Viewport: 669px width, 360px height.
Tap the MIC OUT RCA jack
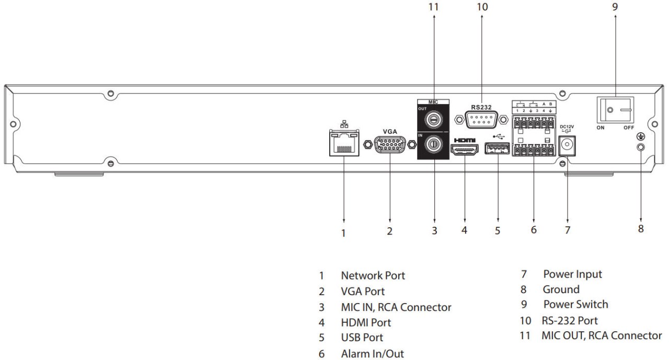click(x=434, y=120)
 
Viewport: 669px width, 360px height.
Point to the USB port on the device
click(x=498, y=149)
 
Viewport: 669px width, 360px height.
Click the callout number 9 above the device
click(x=615, y=7)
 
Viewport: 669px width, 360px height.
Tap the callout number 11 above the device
click(x=433, y=7)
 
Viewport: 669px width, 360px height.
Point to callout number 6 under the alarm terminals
click(x=534, y=229)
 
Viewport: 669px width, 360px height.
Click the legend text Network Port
click(x=373, y=275)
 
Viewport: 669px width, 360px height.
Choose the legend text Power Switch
click(x=575, y=304)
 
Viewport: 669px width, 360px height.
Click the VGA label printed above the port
click(x=390, y=132)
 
